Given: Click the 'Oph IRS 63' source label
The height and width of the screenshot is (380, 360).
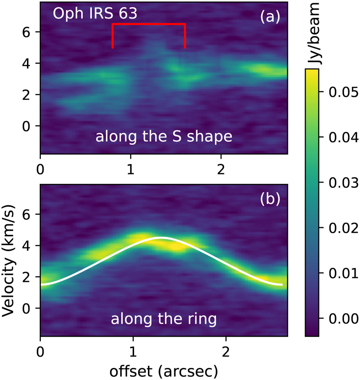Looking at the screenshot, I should (95, 14).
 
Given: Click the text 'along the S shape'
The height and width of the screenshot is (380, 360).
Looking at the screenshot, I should (164, 137).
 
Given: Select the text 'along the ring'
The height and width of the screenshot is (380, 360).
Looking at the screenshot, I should (164, 319).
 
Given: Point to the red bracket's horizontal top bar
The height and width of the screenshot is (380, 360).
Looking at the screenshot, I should (148, 24).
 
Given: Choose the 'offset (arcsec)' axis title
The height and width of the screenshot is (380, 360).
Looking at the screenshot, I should (164, 371).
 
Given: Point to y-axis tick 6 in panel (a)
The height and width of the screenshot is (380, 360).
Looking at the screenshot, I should (26, 32).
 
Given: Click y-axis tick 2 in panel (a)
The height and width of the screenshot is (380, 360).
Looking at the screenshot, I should (26, 95).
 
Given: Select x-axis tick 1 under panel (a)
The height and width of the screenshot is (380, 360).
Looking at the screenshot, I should (130, 170).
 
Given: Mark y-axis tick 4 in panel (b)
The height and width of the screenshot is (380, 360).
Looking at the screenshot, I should (26, 246).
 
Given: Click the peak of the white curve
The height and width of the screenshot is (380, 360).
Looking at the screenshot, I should (161, 237).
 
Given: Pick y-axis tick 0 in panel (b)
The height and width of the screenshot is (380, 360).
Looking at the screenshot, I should (26, 309).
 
